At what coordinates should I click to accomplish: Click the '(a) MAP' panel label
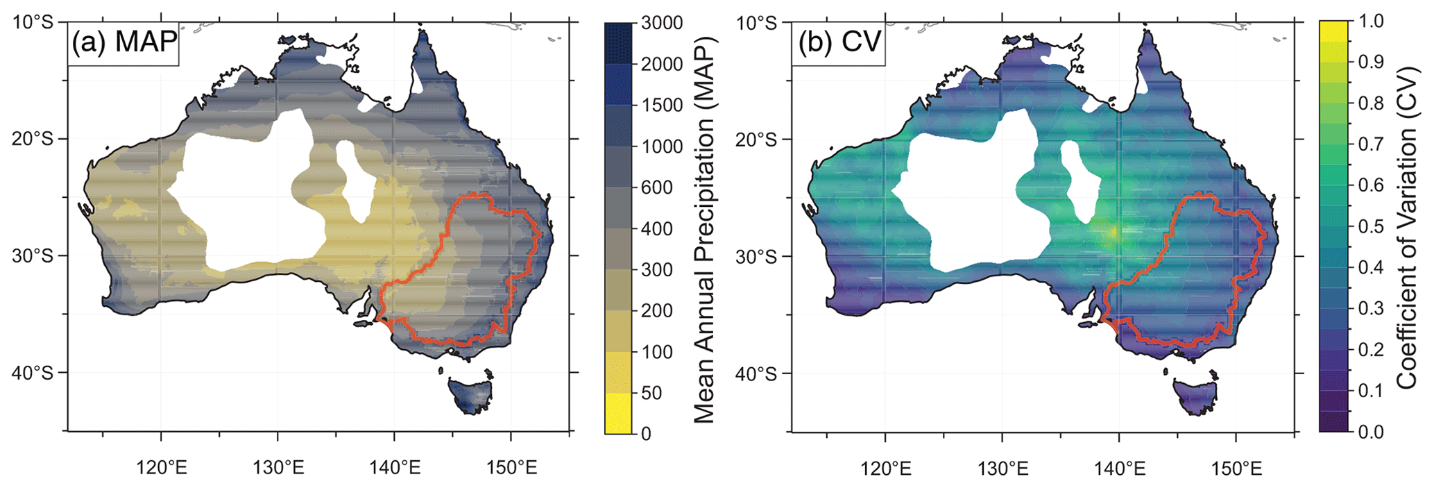point(124,42)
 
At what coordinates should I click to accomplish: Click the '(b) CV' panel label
point(839,42)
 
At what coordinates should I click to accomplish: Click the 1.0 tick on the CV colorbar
point(1368,22)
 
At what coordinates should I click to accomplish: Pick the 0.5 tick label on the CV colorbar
point(1368,226)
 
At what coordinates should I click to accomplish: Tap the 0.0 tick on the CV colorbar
point(1368,432)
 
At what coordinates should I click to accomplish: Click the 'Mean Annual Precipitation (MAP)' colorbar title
point(703,229)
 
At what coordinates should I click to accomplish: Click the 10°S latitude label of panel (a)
point(34,23)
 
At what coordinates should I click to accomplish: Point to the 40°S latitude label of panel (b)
point(756,374)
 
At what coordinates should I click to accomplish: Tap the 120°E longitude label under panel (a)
point(162,467)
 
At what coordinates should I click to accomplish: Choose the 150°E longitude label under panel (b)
point(1236,469)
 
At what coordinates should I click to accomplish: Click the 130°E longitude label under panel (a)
point(278,467)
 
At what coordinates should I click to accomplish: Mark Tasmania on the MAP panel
point(470,394)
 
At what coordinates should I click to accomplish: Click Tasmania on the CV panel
point(1195,396)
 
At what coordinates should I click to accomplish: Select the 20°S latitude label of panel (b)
point(756,140)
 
